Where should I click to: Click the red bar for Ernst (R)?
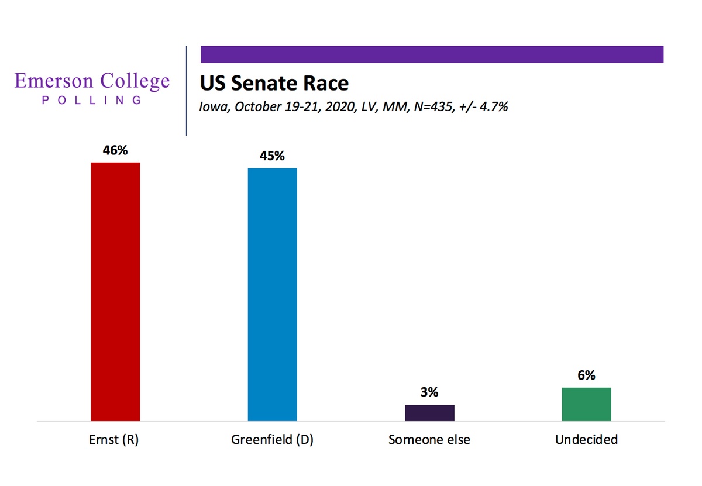click(115, 292)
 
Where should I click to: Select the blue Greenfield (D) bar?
click(273, 295)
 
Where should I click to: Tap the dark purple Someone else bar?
click(429, 413)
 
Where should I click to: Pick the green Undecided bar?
click(586, 405)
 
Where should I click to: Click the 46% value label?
click(115, 150)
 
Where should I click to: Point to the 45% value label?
click(273, 156)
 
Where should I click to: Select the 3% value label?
click(429, 392)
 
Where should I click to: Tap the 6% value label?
click(586, 375)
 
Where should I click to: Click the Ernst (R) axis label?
click(113, 440)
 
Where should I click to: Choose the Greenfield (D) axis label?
click(273, 440)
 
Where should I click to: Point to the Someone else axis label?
click(429, 440)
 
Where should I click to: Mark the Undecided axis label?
click(586, 440)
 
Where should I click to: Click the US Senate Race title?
click(274, 84)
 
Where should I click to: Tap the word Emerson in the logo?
click(54, 81)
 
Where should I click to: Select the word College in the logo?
click(135, 81)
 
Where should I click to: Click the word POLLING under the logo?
click(92, 100)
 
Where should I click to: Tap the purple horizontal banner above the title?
click(432, 54)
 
